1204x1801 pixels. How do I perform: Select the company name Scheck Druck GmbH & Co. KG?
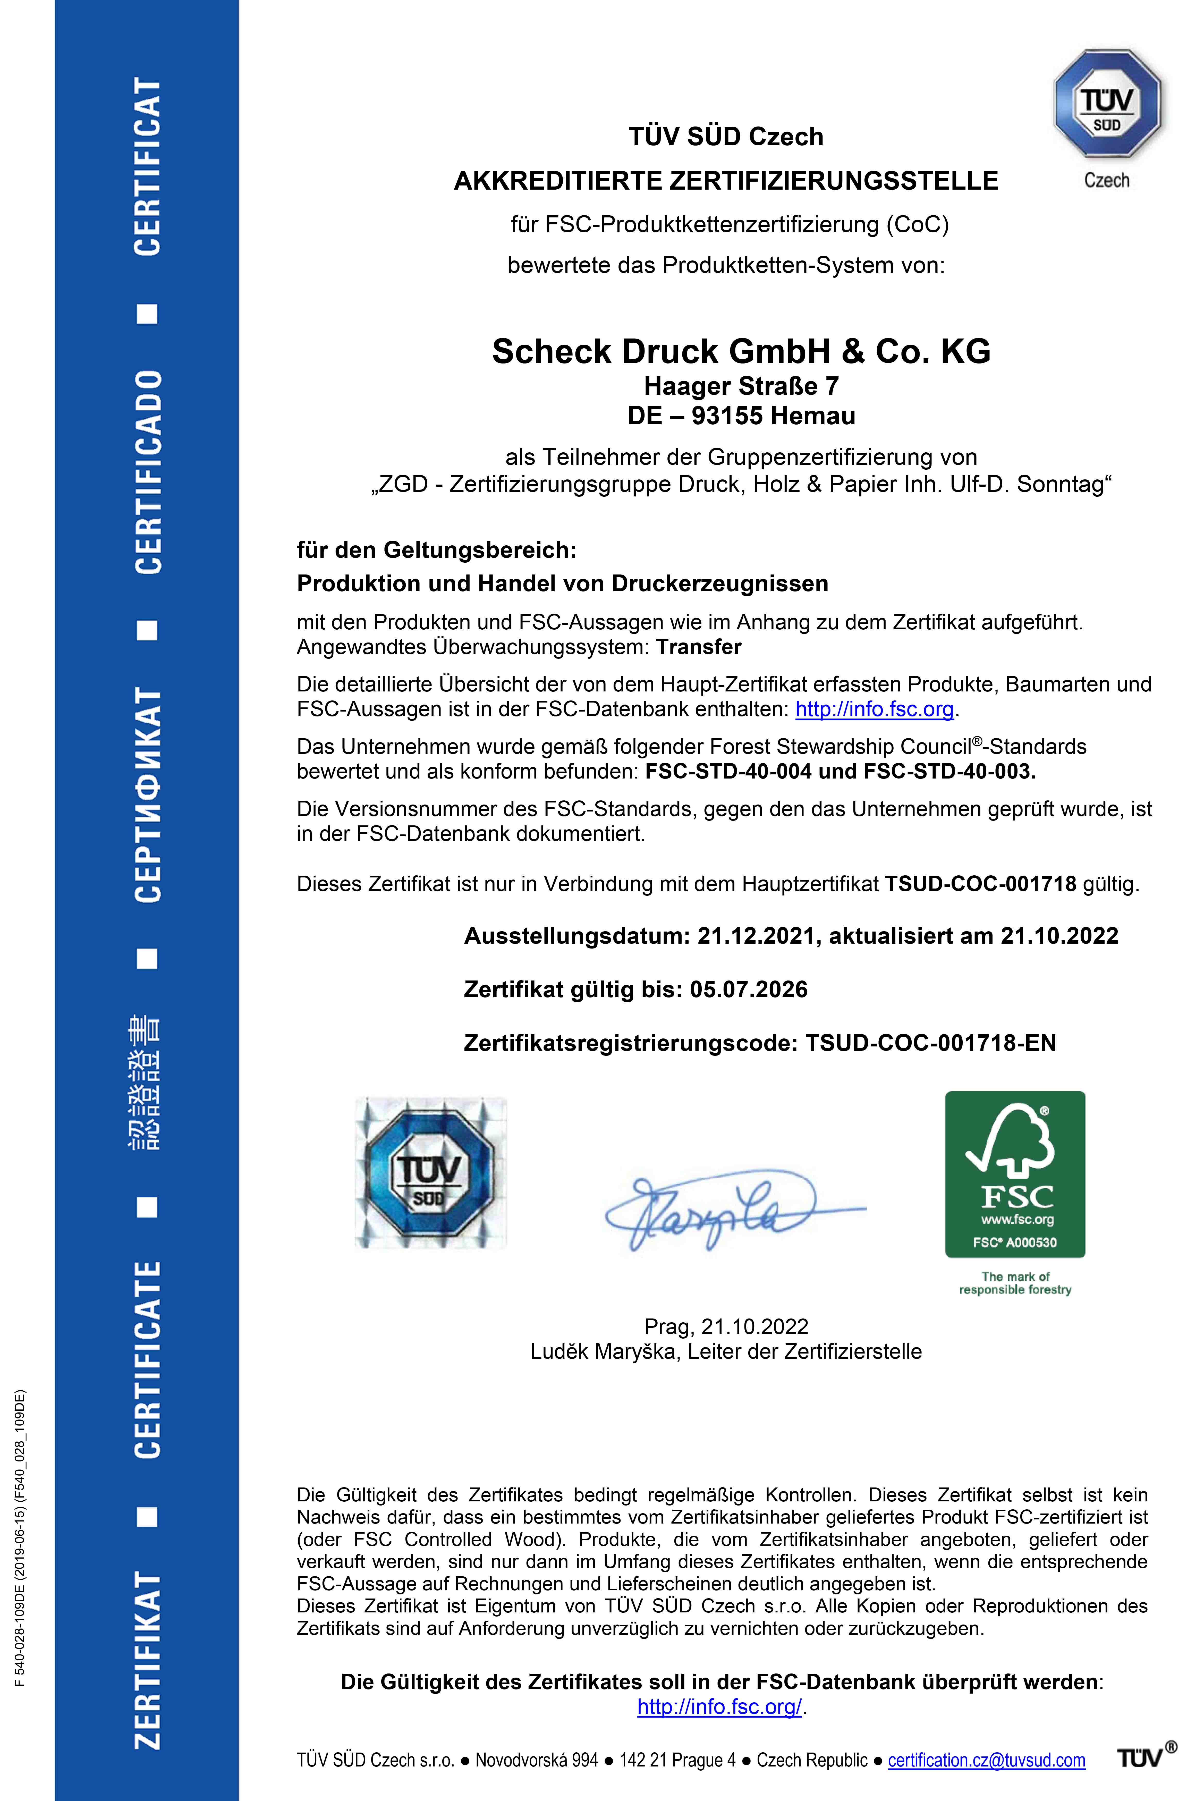pos(741,352)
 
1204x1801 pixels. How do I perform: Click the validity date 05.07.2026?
pos(749,990)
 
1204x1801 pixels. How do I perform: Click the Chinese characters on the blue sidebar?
pos(144,1083)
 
